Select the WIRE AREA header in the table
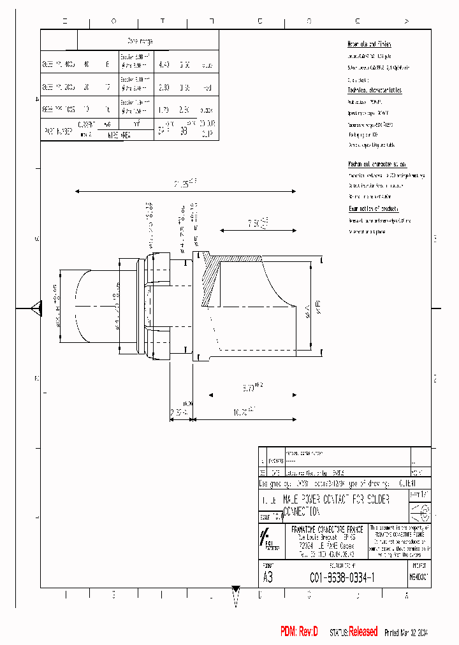coord(119,135)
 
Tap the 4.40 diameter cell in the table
coord(164,64)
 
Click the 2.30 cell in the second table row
coord(164,88)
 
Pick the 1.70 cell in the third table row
coord(164,110)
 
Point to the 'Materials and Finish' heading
coord(369,44)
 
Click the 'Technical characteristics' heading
coord(374,91)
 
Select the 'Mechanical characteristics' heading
coord(377,164)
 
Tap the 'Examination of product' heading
coord(374,209)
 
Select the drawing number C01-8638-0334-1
coord(342,577)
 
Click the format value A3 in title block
coord(268,577)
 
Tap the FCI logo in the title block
coord(268,539)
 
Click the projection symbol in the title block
coord(419,512)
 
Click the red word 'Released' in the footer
coord(363,632)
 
